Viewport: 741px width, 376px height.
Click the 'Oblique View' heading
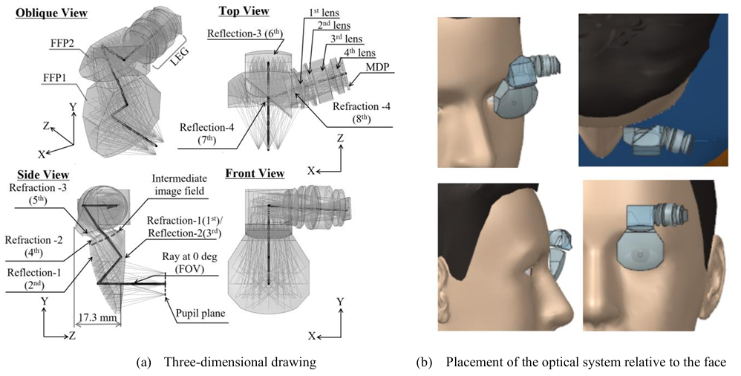pos(51,13)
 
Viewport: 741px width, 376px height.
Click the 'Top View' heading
pos(244,10)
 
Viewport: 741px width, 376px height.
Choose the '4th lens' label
pos(359,53)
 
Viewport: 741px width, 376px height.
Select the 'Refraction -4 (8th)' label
pos(362,112)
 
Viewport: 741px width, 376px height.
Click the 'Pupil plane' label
pos(200,314)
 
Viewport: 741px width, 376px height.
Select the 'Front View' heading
pos(255,173)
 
